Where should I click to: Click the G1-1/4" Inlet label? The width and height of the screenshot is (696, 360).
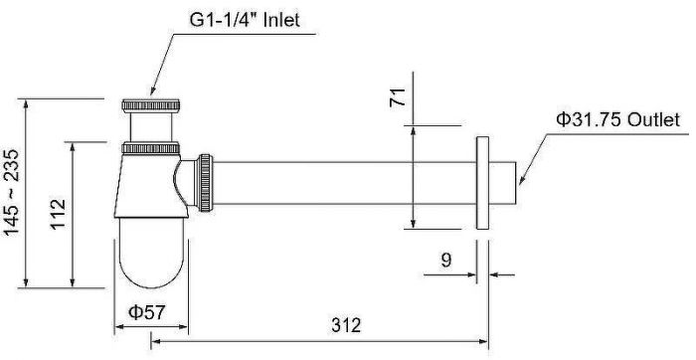245,20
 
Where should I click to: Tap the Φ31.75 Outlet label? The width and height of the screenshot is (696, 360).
617,120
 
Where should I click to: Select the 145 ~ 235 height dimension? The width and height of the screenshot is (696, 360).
12,192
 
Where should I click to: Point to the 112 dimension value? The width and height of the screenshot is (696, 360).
58,214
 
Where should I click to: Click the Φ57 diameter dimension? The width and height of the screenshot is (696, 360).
146,312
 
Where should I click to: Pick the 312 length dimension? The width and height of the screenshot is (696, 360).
346,325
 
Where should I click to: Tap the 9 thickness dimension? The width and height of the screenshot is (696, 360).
446,261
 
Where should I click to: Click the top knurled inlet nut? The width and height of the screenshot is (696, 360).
150,105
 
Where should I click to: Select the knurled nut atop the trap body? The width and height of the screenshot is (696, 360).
150,148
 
